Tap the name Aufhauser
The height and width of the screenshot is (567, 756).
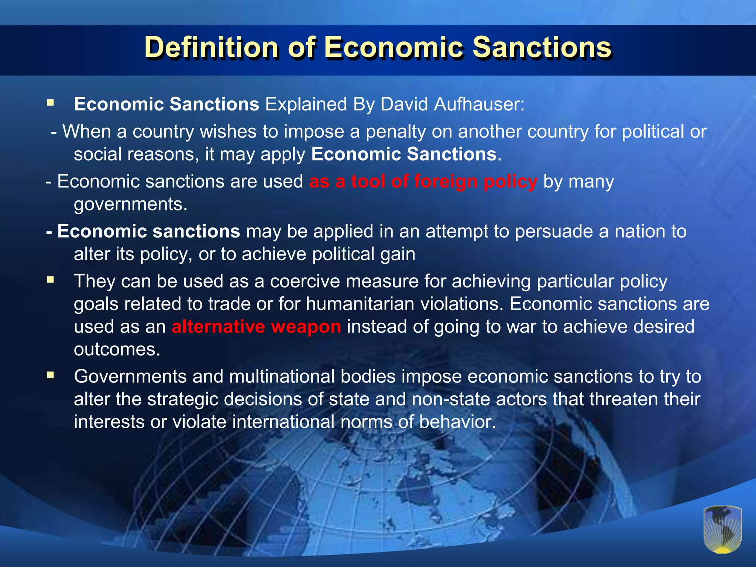(x=479, y=104)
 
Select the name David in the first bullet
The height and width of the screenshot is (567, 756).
(x=404, y=104)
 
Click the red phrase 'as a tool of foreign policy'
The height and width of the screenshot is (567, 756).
(x=423, y=182)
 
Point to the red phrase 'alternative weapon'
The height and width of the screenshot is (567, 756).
(x=256, y=327)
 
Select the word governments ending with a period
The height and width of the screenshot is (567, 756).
(x=131, y=205)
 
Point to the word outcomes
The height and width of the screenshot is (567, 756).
(x=117, y=349)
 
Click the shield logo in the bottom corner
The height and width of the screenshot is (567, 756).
(x=722, y=529)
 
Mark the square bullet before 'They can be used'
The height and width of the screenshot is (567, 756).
(x=51, y=280)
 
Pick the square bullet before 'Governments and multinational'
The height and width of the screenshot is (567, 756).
(x=51, y=376)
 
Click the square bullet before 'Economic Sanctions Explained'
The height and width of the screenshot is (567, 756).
(x=51, y=103)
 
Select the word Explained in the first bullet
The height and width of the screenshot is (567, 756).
(x=306, y=104)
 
